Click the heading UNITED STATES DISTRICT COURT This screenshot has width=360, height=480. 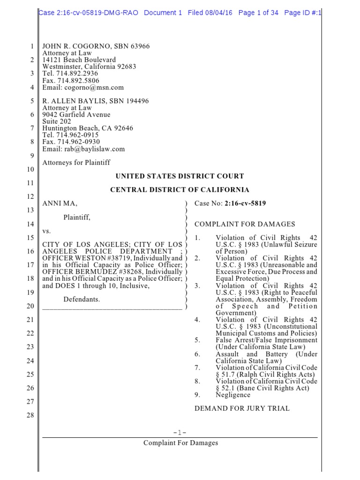click(180, 176)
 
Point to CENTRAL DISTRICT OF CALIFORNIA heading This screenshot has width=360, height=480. click(180, 190)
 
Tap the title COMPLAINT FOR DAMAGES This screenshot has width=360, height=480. click(245, 225)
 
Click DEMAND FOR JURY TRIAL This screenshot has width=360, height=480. click(242, 408)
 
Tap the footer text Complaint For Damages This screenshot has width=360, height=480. click(180, 443)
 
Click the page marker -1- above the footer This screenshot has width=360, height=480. click(180, 433)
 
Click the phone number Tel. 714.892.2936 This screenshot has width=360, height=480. click(70, 74)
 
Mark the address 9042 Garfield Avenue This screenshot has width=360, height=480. click(76, 115)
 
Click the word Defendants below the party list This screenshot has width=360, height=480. click(82, 300)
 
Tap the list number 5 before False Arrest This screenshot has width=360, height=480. click(197, 340)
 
